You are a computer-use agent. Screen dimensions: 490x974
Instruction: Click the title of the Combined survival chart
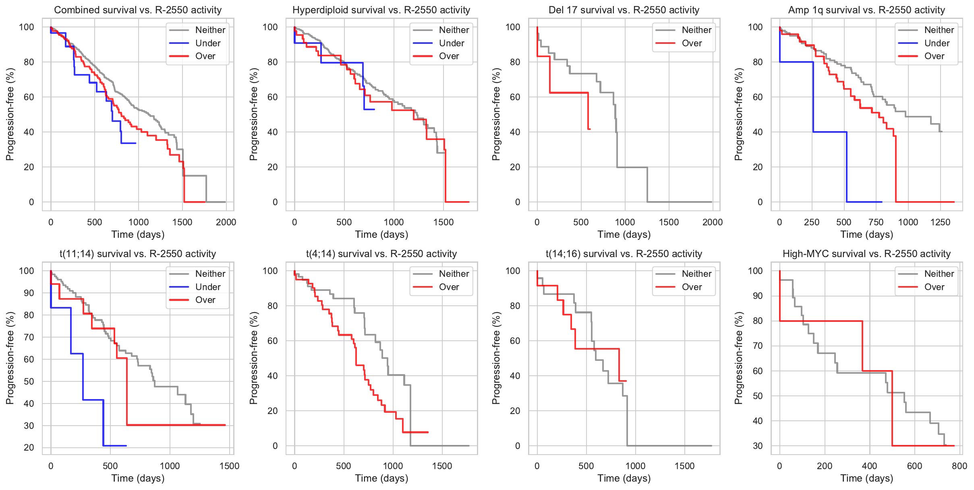(138, 10)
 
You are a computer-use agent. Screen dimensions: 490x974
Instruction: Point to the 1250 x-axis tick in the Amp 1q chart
(940, 222)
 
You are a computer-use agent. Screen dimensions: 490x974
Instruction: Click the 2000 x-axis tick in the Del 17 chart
(712, 222)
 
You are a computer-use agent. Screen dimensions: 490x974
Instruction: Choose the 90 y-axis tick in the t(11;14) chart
(29, 293)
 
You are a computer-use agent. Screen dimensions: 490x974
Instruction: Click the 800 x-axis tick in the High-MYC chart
(959, 466)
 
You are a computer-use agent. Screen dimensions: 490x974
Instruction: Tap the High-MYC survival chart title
(866, 254)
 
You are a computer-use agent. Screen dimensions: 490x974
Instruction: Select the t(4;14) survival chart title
(381, 254)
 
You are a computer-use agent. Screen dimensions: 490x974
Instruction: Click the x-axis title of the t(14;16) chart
(624, 478)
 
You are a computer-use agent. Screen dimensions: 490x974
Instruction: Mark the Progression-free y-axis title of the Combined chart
(10, 114)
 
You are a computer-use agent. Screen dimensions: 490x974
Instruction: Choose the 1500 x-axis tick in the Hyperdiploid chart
(443, 222)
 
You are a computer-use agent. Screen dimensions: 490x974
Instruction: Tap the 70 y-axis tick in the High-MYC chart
(758, 346)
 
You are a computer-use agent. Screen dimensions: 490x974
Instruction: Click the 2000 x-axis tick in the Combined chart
(226, 222)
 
